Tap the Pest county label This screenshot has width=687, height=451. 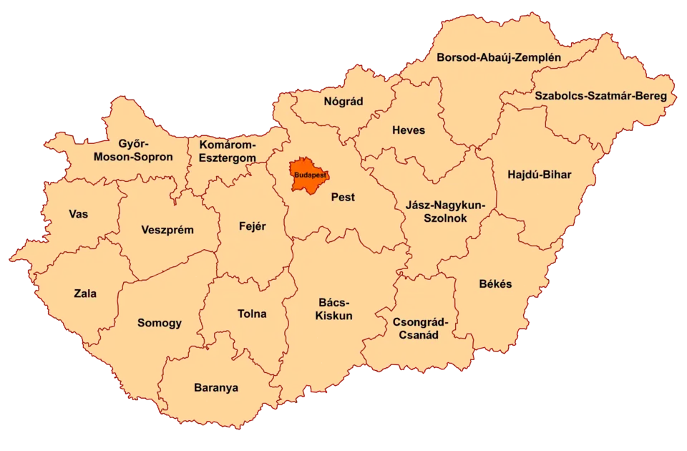(x=343, y=197)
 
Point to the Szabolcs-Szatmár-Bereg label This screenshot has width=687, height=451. (x=601, y=95)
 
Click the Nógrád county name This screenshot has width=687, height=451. (x=343, y=102)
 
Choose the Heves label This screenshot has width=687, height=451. (x=409, y=130)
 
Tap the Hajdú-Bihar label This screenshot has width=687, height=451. (x=539, y=175)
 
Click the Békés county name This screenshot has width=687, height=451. (x=495, y=283)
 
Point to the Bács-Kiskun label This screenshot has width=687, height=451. (x=334, y=309)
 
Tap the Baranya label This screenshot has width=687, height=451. (x=216, y=388)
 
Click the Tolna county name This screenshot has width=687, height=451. (x=252, y=314)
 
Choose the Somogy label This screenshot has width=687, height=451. (x=160, y=323)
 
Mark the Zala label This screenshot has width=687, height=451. (x=85, y=293)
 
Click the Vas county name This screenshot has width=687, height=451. (x=79, y=214)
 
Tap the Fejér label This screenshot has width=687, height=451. (x=252, y=226)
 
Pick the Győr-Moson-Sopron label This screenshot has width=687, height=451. (x=136, y=150)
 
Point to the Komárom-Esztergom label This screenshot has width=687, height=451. (x=228, y=150)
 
